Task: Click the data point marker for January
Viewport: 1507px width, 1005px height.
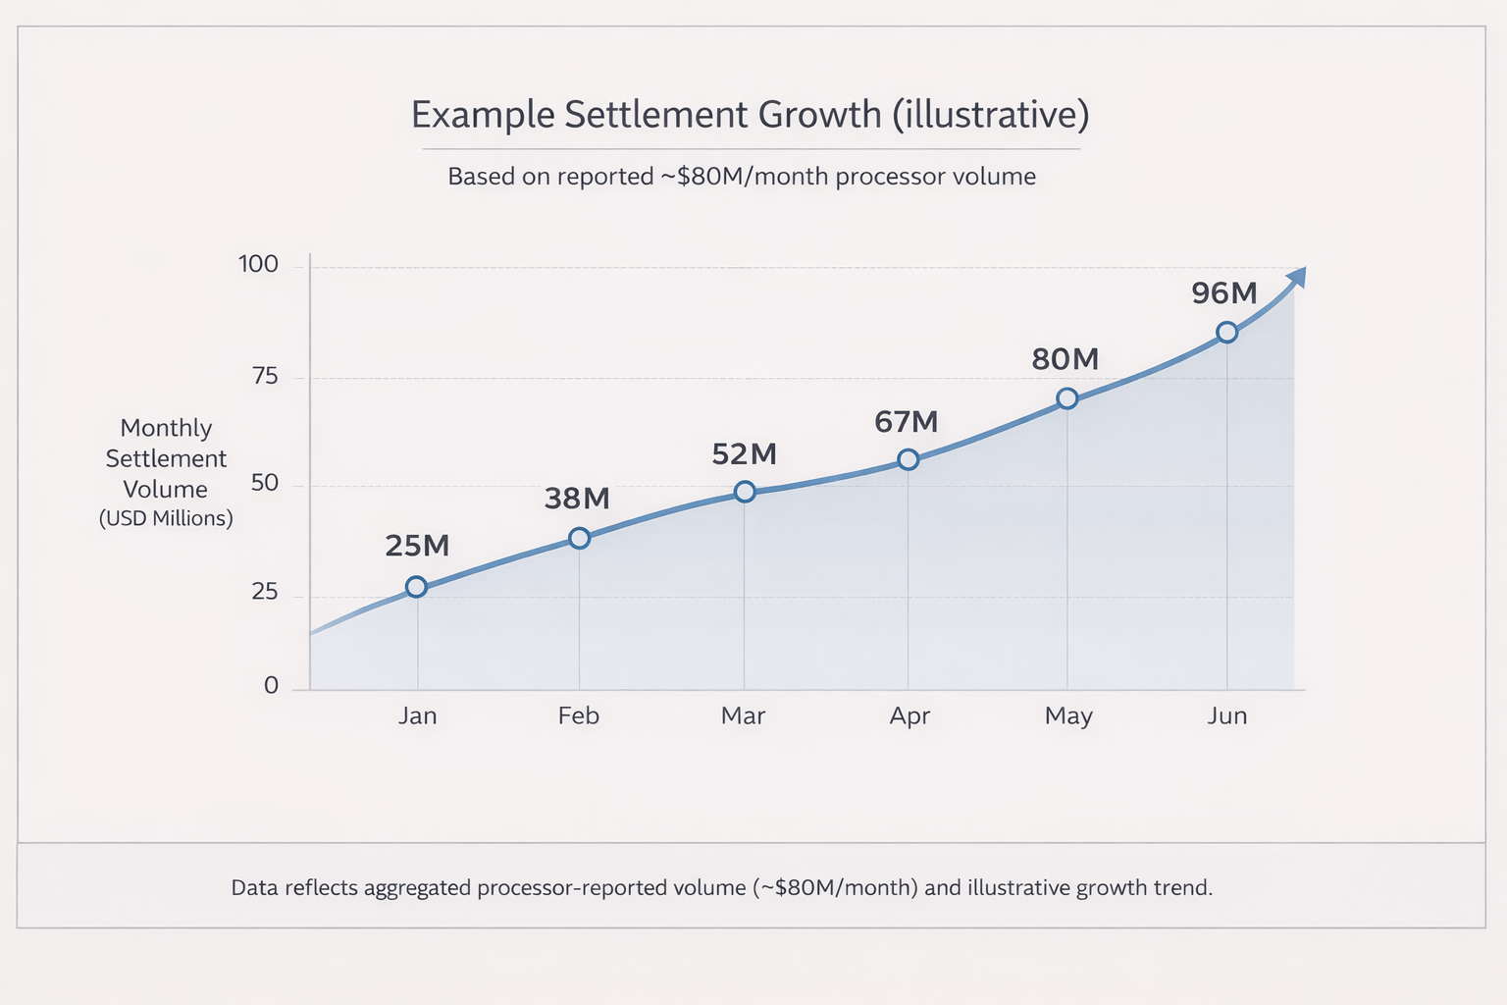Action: (x=416, y=587)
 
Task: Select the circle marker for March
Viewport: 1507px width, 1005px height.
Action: (x=745, y=492)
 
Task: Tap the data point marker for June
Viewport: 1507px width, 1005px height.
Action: (x=1226, y=333)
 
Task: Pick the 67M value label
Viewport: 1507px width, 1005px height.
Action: (x=907, y=422)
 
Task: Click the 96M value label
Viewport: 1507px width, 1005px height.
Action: (x=1223, y=292)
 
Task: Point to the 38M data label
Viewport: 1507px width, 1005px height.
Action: (x=577, y=499)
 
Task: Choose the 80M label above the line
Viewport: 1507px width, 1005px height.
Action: (x=1065, y=359)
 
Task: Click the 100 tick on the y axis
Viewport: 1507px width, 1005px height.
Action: (x=259, y=264)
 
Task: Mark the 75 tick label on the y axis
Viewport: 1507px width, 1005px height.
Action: (x=265, y=376)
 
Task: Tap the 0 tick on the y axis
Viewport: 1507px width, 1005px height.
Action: (x=272, y=685)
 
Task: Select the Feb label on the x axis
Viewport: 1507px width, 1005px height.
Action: (x=578, y=715)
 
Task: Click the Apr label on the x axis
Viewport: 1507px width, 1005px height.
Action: (x=909, y=715)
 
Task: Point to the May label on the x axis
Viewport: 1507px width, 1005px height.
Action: (x=1068, y=715)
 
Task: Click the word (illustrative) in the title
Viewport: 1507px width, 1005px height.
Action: (x=991, y=115)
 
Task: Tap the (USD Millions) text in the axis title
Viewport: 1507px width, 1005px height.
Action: (x=166, y=518)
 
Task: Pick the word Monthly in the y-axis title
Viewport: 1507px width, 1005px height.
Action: (x=166, y=428)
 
